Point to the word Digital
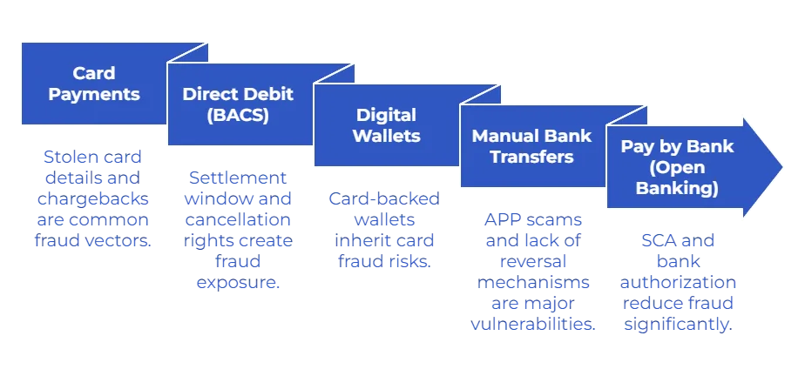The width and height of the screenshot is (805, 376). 386,116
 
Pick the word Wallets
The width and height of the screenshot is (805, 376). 386,136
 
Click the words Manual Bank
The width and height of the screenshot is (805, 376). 531,137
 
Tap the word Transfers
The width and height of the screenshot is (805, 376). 531,157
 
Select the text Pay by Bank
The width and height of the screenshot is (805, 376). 677,147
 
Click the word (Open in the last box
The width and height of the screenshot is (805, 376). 677,167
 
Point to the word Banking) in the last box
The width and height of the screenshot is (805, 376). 677,187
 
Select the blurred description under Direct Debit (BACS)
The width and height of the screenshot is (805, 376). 238,230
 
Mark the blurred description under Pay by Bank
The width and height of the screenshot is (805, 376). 679,284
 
